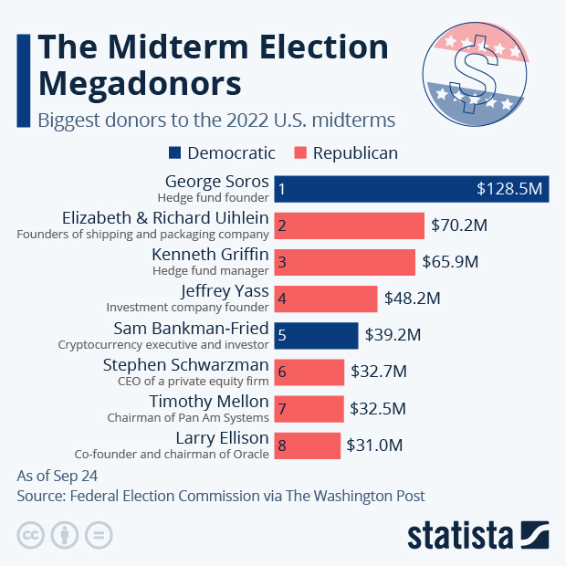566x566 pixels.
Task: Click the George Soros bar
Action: coord(411,189)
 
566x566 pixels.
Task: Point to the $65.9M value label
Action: coord(450,262)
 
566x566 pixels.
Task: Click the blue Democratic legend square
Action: coord(175,152)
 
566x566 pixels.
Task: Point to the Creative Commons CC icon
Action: coord(31,534)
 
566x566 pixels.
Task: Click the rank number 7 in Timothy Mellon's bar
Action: coord(283,409)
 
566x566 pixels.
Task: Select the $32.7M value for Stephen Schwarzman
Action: coord(378,372)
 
